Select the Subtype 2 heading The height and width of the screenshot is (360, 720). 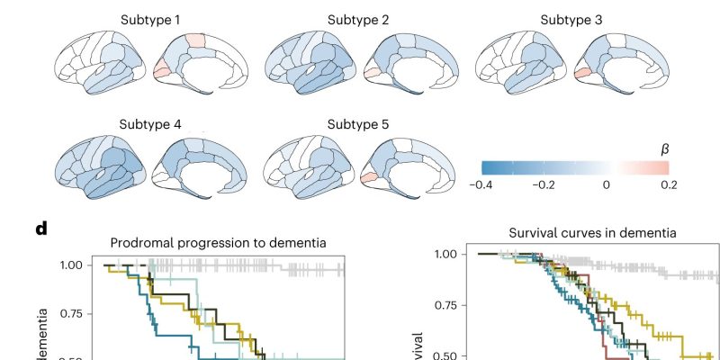[358, 19]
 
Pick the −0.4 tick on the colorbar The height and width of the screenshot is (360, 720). [481, 184]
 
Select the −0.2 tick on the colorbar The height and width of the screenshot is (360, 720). [544, 184]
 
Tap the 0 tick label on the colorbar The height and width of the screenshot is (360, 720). [607, 184]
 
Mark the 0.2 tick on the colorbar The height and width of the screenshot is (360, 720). [669, 184]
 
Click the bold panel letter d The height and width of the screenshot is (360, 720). [40, 228]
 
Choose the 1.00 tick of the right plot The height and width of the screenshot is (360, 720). [446, 255]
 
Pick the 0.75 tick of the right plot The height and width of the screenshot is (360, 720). [446, 305]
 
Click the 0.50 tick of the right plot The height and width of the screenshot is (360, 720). [446, 355]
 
